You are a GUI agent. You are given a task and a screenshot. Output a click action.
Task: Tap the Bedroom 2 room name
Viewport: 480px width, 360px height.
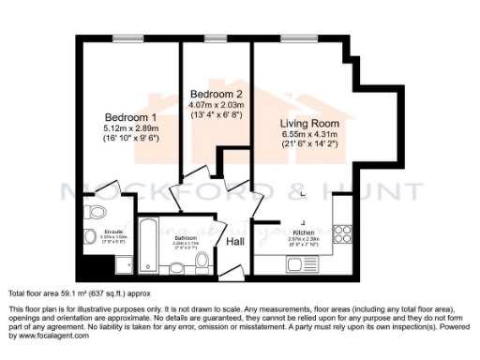click(217, 95)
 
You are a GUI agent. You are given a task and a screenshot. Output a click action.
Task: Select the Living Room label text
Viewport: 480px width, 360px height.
click(308, 123)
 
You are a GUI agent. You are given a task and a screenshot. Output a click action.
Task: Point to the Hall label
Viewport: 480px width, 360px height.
click(235, 242)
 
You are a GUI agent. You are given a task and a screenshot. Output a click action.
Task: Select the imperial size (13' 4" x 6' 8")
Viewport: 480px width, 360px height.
click(217, 116)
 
